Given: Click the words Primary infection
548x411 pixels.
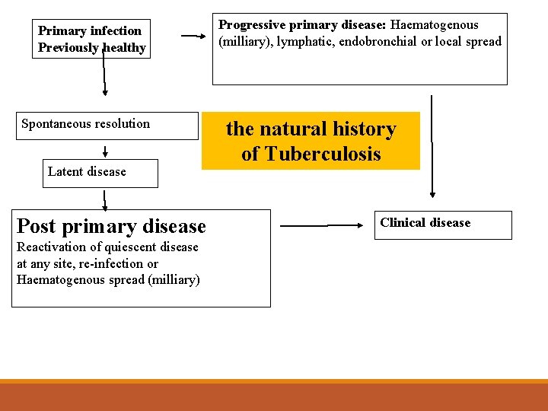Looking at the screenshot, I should pyautogui.click(x=90, y=31).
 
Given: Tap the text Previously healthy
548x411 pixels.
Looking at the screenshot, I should pyautogui.click(x=92, y=48).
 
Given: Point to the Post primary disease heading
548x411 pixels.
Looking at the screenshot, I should pyautogui.click(x=111, y=226).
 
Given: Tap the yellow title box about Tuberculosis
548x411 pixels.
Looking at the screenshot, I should pyautogui.click(x=311, y=142).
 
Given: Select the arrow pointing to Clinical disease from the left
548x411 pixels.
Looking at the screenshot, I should pyautogui.click(x=323, y=225).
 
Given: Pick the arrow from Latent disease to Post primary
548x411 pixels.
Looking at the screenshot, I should pyautogui.click(x=105, y=199).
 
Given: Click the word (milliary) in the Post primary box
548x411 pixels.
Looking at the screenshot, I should pyautogui.click(x=174, y=279).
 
